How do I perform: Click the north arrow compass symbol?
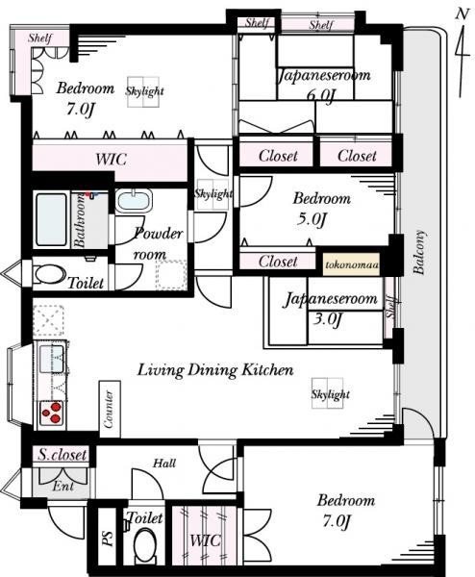tap(462, 53)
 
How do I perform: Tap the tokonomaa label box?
tap(351, 264)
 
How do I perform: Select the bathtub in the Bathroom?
tap(52, 219)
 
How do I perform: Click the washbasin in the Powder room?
tap(134, 201)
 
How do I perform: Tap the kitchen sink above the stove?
tap(51, 359)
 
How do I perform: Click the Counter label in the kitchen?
tap(109, 410)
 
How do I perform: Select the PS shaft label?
tap(108, 539)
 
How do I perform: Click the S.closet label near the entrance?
tap(62, 455)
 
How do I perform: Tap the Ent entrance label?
tap(62, 486)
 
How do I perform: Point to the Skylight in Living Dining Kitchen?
tap(330, 393)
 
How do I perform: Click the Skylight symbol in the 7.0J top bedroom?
tap(144, 91)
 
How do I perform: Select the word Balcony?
tap(419, 252)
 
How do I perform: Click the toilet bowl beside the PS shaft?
tap(144, 547)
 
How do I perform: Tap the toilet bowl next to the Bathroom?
tap(49, 274)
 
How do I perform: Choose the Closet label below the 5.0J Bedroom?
tap(278, 262)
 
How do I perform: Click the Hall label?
tap(164, 463)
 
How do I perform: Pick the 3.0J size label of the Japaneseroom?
tap(328, 318)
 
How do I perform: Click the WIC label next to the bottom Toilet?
tap(205, 540)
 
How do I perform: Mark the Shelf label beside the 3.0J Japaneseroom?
tap(390, 307)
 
